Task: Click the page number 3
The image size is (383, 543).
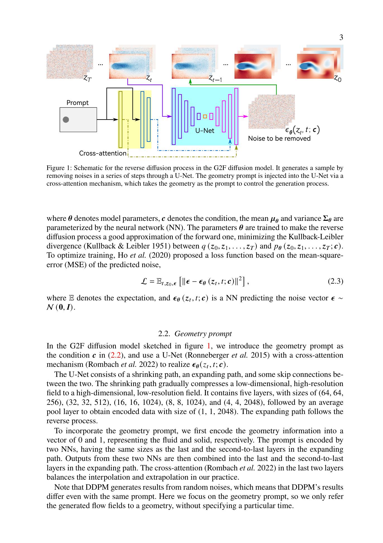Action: click(x=341, y=37)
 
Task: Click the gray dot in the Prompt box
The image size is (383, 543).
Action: click(x=66, y=120)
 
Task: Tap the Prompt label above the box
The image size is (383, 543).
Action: click(x=77, y=103)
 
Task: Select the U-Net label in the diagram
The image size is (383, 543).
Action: click(x=204, y=131)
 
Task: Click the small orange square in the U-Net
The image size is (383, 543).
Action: click(x=205, y=116)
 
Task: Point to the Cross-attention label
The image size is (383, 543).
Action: click(x=103, y=153)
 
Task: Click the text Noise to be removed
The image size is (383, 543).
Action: click(x=279, y=138)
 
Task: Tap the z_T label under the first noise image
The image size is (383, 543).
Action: click(x=87, y=78)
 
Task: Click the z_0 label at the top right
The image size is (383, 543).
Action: click(x=337, y=79)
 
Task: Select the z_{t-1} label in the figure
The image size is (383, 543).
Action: click(x=215, y=79)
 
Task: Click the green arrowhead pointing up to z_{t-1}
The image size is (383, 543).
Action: click(x=190, y=81)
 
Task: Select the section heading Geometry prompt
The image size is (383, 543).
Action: click(x=203, y=334)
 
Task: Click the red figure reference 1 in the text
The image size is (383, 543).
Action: click(x=208, y=346)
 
